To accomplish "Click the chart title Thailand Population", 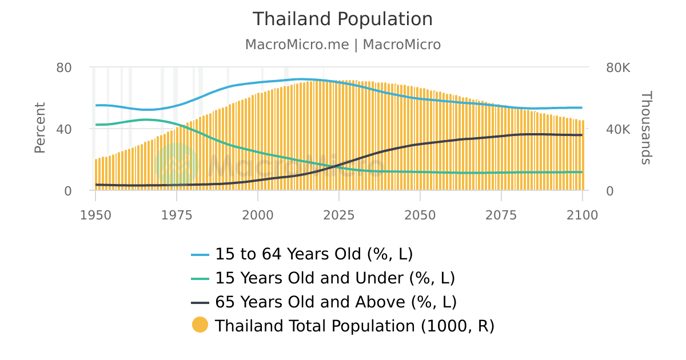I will (342, 19).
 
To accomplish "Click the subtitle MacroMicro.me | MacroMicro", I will (342, 45).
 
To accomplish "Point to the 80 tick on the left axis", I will (64, 67).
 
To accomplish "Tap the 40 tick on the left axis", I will (64, 129).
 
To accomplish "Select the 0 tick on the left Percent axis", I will (68, 191).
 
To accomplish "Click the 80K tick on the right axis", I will (617, 67).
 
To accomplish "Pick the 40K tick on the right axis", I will (617, 129).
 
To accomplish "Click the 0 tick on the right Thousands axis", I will (609, 191).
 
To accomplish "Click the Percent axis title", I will (39, 128).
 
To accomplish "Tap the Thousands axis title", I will (645, 128).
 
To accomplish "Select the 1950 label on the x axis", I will (95, 215).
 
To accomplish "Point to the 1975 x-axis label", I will (177, 215).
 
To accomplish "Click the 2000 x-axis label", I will (258, 215).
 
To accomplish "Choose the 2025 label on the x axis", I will (339, 215).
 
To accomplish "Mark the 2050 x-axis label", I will (420, 215).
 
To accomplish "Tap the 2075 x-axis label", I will (501, 215).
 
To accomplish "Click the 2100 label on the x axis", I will (582, 215).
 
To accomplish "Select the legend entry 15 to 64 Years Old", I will (313, 254).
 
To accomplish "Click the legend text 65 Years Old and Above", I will (336, 302).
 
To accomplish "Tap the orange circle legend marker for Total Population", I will (200, 325).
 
